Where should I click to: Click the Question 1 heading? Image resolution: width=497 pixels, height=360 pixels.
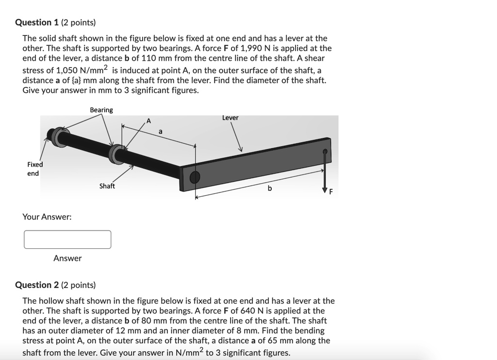point(55,22)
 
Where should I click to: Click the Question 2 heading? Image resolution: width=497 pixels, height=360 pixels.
point(55,285)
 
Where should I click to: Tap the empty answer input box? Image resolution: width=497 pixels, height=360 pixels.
point(67,240)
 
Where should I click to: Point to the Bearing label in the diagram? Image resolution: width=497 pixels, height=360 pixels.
point(101,110)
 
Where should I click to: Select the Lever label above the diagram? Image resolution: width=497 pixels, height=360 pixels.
point(230,118)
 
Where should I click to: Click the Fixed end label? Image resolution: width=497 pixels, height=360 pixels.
point(35,169)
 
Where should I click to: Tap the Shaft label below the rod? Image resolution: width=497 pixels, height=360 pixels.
point(107,186)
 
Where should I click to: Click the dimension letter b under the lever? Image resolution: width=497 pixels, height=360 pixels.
point(270,188)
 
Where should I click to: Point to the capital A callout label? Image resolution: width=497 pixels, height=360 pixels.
point(149,120)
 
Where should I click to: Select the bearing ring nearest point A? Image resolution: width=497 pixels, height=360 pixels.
point(116,154)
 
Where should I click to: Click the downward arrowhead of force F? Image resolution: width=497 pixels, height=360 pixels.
point(325,190)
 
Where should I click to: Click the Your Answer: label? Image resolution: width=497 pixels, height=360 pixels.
point(47,217)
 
